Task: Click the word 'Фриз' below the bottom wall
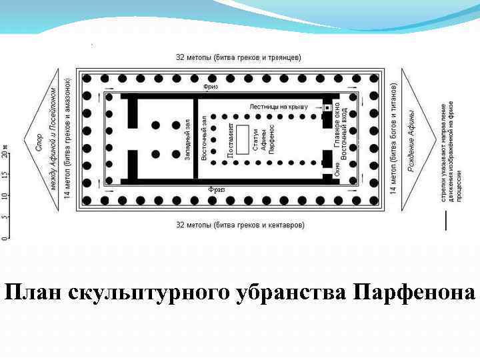tap(217, 189)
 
